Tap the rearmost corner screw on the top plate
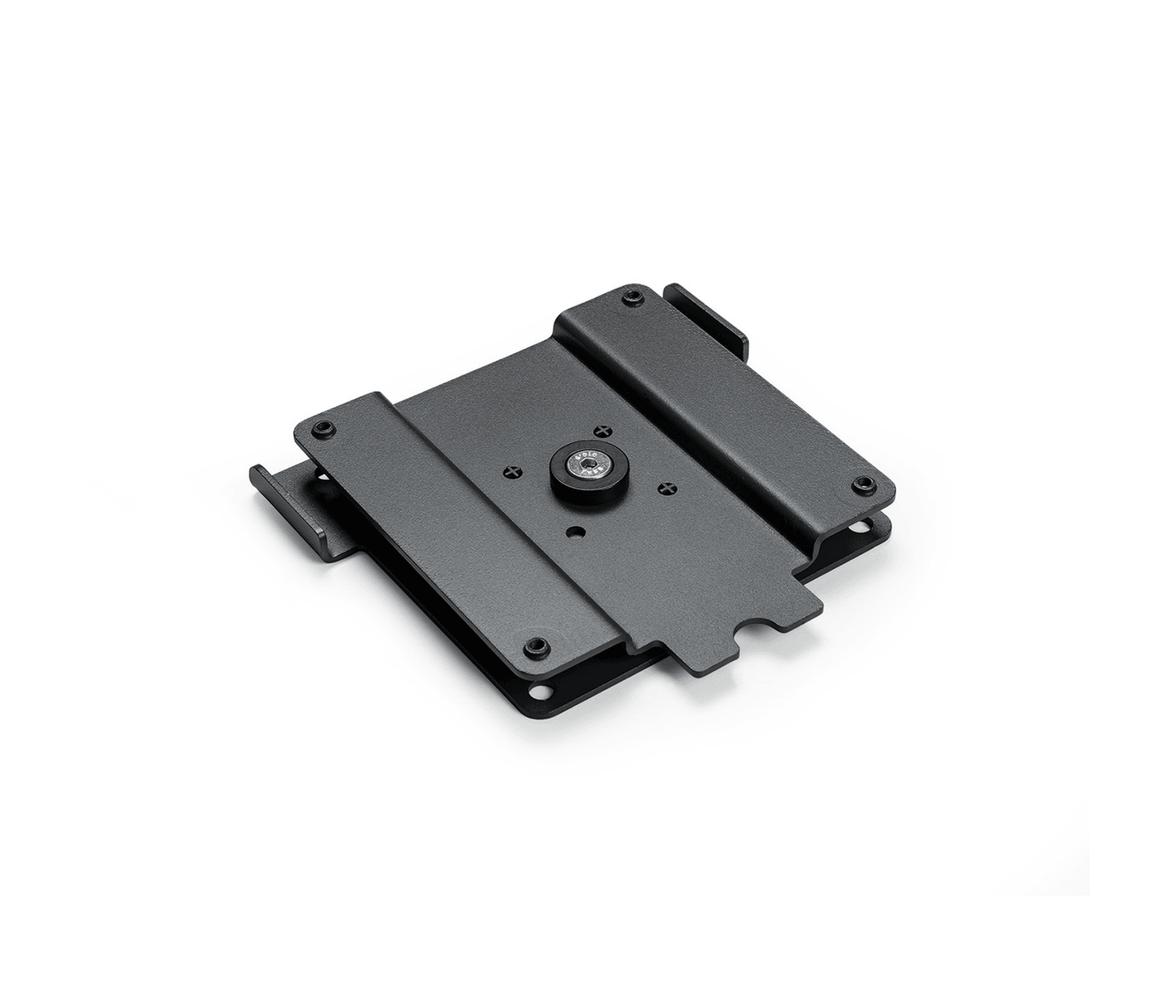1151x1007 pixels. click(632, 299)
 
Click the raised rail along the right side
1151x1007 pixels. click(717, 390)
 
